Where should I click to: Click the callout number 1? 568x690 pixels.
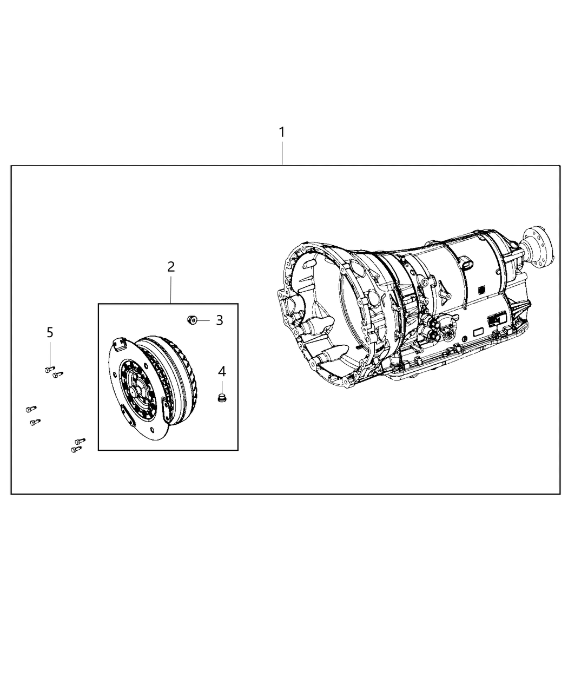tap(281, 132)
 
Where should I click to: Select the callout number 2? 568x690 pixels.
tap(171, 266)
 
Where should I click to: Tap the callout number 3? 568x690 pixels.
tap(219, 320)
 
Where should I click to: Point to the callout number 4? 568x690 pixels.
tap(222, 371)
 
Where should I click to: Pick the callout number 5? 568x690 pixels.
tap(50, 332)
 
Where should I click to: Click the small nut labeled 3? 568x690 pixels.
tap(191, 320)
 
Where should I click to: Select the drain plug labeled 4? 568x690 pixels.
tap(221, 399)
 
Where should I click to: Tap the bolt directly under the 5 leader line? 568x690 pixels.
tap(48, 369)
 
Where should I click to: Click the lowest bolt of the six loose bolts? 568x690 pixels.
tap(75, 449)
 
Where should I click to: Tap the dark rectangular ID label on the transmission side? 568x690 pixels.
tap(496, 320)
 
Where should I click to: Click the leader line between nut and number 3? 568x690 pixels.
tap(203, 320)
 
